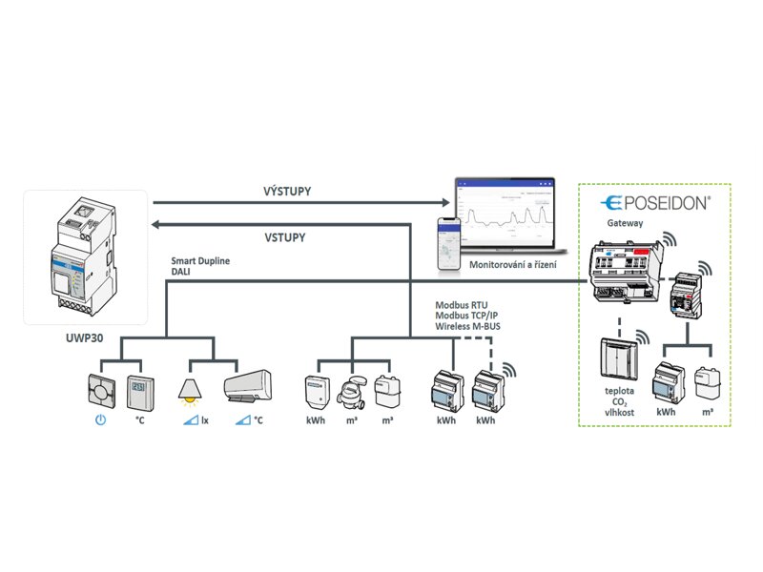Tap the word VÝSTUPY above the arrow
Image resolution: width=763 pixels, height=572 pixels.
tap(287, 191)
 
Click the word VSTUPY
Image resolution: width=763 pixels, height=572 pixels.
tap(286, 236)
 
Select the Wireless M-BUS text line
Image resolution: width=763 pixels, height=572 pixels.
tap(467, 326)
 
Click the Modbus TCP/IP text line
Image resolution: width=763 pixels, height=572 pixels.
tap(465, 315)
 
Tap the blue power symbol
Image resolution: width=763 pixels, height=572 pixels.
tap(100, 419)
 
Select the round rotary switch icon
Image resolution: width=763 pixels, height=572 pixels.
tap(99, 389)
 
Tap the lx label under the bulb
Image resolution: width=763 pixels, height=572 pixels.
tap(203, 419)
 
